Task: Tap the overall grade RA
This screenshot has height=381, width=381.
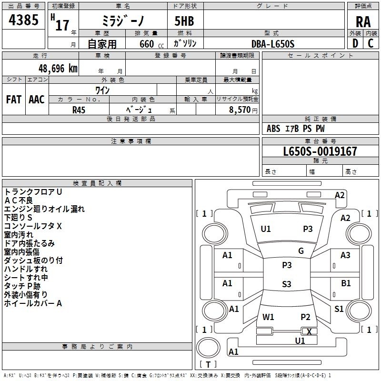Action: click(x=363, y=22)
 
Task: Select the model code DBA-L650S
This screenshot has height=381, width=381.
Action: click(x=273, y=44)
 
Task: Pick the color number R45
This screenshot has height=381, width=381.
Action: click(x=79, y=109)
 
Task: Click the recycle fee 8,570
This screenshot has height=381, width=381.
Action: click(x=240, y=109)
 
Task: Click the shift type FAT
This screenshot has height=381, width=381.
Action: click(x=13, y=100)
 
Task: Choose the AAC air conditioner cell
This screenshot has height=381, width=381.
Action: click(x=36, y=100)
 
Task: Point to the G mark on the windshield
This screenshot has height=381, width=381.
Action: click(x=301, y=251)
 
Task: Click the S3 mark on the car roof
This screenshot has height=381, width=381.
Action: click(x=286, y=284)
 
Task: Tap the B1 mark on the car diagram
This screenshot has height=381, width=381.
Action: click(x=346, y=283)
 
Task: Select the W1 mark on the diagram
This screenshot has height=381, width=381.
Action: click(x=268, y=317)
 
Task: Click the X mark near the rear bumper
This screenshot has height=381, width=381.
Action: click(x=309, y=331)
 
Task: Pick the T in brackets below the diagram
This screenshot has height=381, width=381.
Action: click(x=208, y=364)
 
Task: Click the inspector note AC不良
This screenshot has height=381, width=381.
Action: click(x=19, y=200)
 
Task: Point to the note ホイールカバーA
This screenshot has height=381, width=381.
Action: click(x=33, y=303)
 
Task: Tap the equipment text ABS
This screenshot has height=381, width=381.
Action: click(x=273, y=129)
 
